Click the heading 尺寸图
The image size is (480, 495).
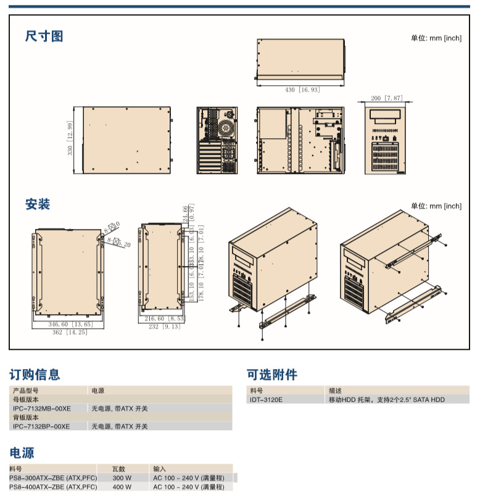coord(44,36)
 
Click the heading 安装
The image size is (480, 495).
coord(38,204)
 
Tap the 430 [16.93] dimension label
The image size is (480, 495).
coord(302,90)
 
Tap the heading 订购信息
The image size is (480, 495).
coord(35,375)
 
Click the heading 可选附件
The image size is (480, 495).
coord(272,375)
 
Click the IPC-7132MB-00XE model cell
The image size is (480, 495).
coord(41,409)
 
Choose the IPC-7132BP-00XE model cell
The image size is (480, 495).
coord(41,426)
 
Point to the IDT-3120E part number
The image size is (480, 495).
coord(266,400)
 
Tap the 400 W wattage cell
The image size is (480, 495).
coord(122,487)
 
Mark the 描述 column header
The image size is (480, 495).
coord(336,391)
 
